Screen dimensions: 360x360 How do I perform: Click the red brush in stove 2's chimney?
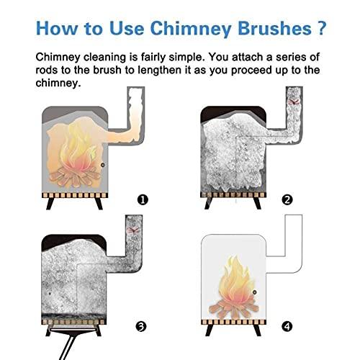coord(292,104)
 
